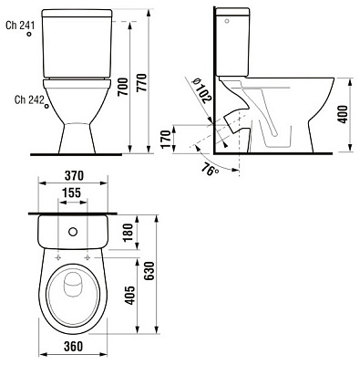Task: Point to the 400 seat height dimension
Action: click(x=342, y=115)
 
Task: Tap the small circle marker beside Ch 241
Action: click(x=30, y=35)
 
